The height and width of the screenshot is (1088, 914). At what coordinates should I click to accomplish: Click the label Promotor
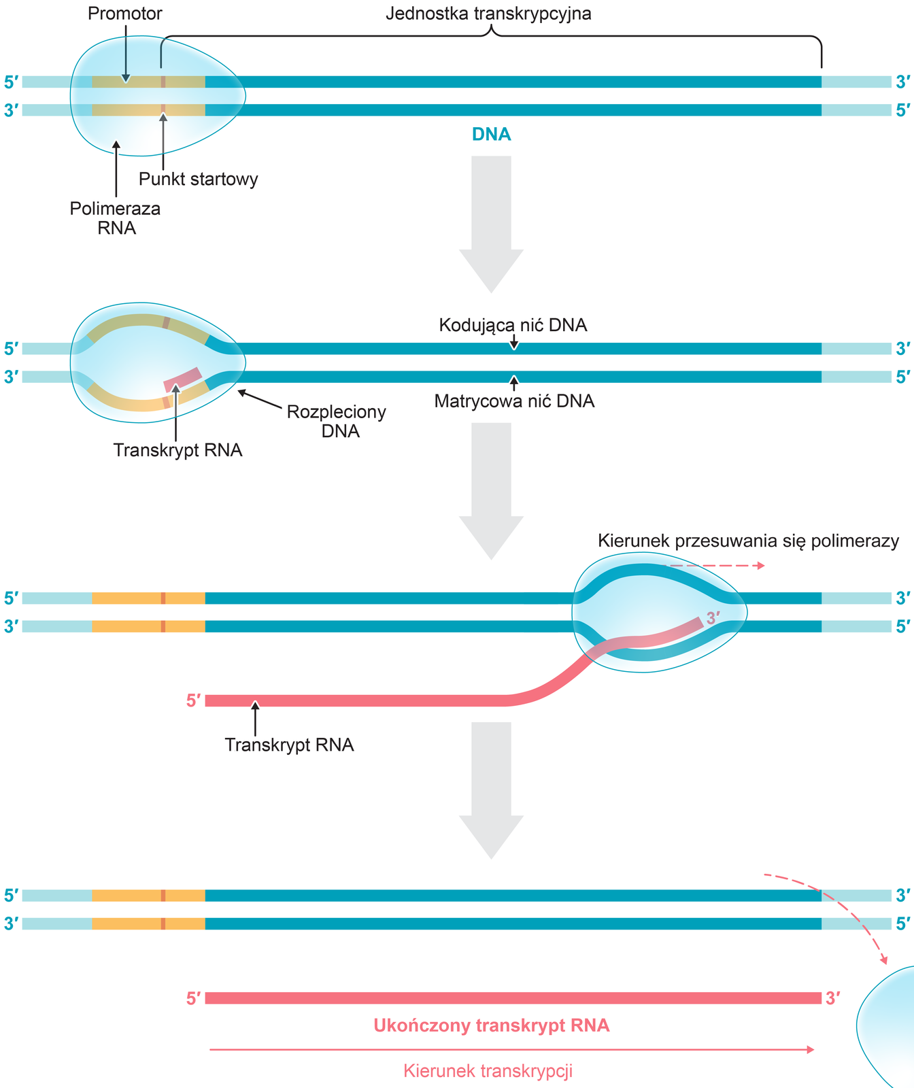[125, 14]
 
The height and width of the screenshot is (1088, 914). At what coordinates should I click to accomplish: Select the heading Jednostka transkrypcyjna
[488, 14]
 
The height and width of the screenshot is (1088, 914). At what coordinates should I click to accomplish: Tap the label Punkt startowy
[198, 180]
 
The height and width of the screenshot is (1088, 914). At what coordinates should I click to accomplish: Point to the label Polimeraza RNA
[116, 218]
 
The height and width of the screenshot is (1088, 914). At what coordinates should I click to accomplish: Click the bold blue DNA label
[491, 135]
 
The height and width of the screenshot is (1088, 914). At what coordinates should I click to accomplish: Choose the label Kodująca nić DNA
[513, 325]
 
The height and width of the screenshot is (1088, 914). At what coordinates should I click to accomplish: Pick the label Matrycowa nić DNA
[514, 401]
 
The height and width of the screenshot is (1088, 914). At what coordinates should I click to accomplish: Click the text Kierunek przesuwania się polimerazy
[748, 541]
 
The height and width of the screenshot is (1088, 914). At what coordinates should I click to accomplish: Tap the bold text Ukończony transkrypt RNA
[491, 1025]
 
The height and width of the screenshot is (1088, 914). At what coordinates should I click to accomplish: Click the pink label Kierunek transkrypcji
[488, 1071]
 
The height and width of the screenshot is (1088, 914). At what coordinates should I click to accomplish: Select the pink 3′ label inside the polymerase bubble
[713, 618]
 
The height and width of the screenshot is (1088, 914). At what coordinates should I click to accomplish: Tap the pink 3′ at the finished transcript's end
[833, 998]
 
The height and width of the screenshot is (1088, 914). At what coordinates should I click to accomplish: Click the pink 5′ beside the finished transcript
[194, 998]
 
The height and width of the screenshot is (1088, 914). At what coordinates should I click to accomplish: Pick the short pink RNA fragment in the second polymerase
[183, 379]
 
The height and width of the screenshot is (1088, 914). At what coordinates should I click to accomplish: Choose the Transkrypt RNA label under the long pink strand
[289, 745]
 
